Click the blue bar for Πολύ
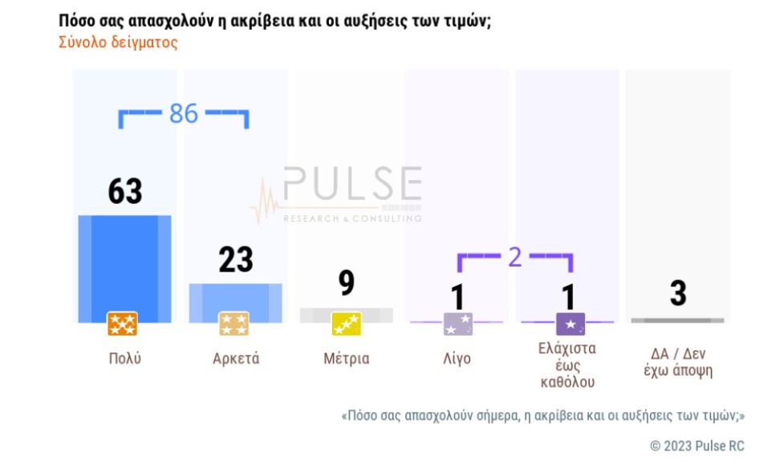pos(124,265)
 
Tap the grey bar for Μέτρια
pos(347,315)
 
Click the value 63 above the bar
pos(125,192)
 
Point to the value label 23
pos(236,259)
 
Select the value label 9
pos(347,283)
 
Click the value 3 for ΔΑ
pos(678,294)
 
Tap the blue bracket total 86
pos(184,114)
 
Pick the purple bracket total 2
pos(515,256)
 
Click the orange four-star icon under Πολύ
pos(123,324)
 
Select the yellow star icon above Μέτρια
pos(347,324)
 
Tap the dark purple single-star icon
pos(570,324)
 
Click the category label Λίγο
pos(457,358)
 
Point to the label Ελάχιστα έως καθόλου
pos(568,365)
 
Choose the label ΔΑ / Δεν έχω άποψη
pos(678,362)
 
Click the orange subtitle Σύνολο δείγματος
pos(118,43)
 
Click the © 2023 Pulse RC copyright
pos(696,446)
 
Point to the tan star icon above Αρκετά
pos(234,324)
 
